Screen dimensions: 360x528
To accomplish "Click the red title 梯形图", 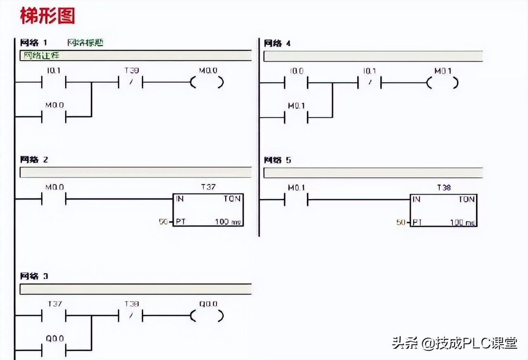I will pos(47,16).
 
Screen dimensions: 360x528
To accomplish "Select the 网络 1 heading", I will pos(34,43).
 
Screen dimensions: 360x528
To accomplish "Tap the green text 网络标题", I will pos(85,43).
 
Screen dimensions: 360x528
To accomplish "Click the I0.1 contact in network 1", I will pos(54,83).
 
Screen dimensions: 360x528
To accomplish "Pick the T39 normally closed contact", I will pos(131,83).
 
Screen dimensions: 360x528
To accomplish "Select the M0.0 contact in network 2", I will pos(54,200).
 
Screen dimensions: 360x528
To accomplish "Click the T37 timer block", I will pos(208,210).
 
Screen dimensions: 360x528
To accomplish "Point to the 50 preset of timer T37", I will pos(163,222).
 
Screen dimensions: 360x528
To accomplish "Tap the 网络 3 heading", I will pos(34,276).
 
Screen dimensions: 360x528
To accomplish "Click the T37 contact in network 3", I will pos(54,316).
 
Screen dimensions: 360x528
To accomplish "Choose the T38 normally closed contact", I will pos(131,316).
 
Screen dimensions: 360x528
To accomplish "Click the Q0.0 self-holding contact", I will pos(54,351).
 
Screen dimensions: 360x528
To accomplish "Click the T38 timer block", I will pos(443,210).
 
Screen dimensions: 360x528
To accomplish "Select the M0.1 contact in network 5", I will pos(296,201).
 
